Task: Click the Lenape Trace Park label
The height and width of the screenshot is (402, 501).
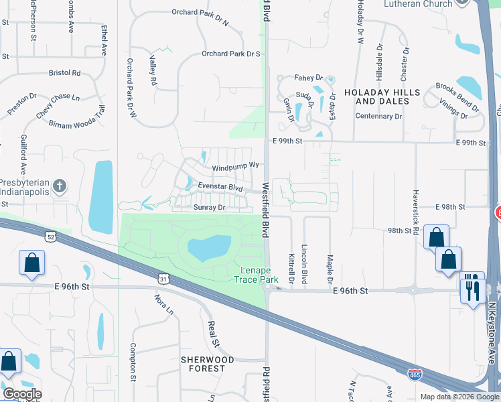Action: coord(259,275)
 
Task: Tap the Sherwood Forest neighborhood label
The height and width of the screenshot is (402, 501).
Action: coord(208,364)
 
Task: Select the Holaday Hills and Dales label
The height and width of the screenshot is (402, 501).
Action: coord(382,96)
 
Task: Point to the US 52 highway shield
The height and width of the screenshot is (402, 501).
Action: coord(50,237)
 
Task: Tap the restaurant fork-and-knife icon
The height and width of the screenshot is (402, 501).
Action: coord(473,289)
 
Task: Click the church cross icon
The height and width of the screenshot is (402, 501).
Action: coord(60,186)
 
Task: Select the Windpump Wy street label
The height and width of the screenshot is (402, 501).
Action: coord(235,165)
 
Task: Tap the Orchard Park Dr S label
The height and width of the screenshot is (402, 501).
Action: coord(230,54)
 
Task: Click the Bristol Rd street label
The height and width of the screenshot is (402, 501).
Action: coord(64,72)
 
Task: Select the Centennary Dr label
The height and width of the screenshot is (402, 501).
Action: coord(378,116)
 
